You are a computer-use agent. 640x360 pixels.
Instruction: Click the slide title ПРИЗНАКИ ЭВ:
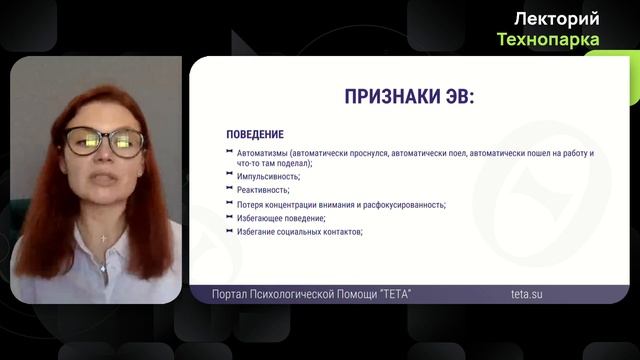[x=409, y=97]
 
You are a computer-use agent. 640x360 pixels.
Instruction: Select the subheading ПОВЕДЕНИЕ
[x=254, y=135]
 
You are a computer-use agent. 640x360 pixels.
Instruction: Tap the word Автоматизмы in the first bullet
[x=260, y=153]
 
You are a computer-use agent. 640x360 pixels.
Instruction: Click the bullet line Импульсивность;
[x=269, y=176]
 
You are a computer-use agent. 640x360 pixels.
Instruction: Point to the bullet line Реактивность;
[x=263, y=190]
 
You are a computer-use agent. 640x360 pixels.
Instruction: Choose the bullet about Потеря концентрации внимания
[x=300, y=204]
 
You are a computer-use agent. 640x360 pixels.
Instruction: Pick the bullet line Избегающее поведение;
[x=281, y=218]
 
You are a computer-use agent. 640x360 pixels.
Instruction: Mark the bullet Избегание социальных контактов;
[x=299, y=232]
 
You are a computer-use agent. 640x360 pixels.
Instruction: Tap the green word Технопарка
[x=549, y=39]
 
